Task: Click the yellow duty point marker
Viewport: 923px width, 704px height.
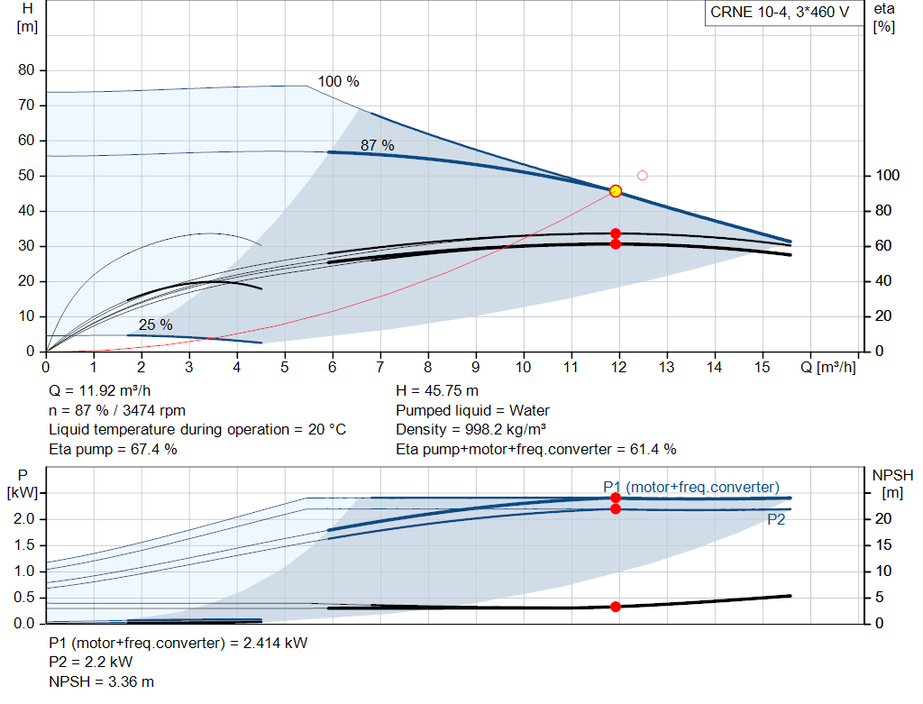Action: click(616, 191)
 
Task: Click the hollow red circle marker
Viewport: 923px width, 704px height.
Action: click(642, 176)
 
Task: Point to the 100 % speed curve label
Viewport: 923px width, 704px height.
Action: click(339, 81)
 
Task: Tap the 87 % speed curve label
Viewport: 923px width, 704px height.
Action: click(378, 145)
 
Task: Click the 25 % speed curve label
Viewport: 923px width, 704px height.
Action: click(155, 325)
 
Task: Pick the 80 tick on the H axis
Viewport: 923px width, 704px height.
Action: click(26, 70)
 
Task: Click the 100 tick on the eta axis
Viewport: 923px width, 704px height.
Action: click(887, 176)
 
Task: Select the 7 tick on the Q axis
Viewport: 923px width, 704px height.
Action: click(380, 367)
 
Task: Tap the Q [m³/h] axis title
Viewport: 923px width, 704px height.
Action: click(827, 367)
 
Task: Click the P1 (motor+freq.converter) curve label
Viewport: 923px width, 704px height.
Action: click(691, 488)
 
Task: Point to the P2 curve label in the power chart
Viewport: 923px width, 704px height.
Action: click(776, 519)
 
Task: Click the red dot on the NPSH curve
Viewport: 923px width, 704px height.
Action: click(616, 607)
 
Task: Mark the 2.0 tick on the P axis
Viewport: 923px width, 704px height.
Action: click(24, 519)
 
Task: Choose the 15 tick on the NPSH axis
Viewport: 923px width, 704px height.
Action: click(883, 545)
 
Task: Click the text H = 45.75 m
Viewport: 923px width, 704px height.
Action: click(437, 391)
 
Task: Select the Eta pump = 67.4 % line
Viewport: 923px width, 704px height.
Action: click(113, 450)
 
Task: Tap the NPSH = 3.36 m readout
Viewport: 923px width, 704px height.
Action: click(101, 682)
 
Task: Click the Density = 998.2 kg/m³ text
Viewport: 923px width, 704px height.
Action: click(471, 430)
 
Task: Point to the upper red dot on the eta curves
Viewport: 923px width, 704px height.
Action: click(616, 233)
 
